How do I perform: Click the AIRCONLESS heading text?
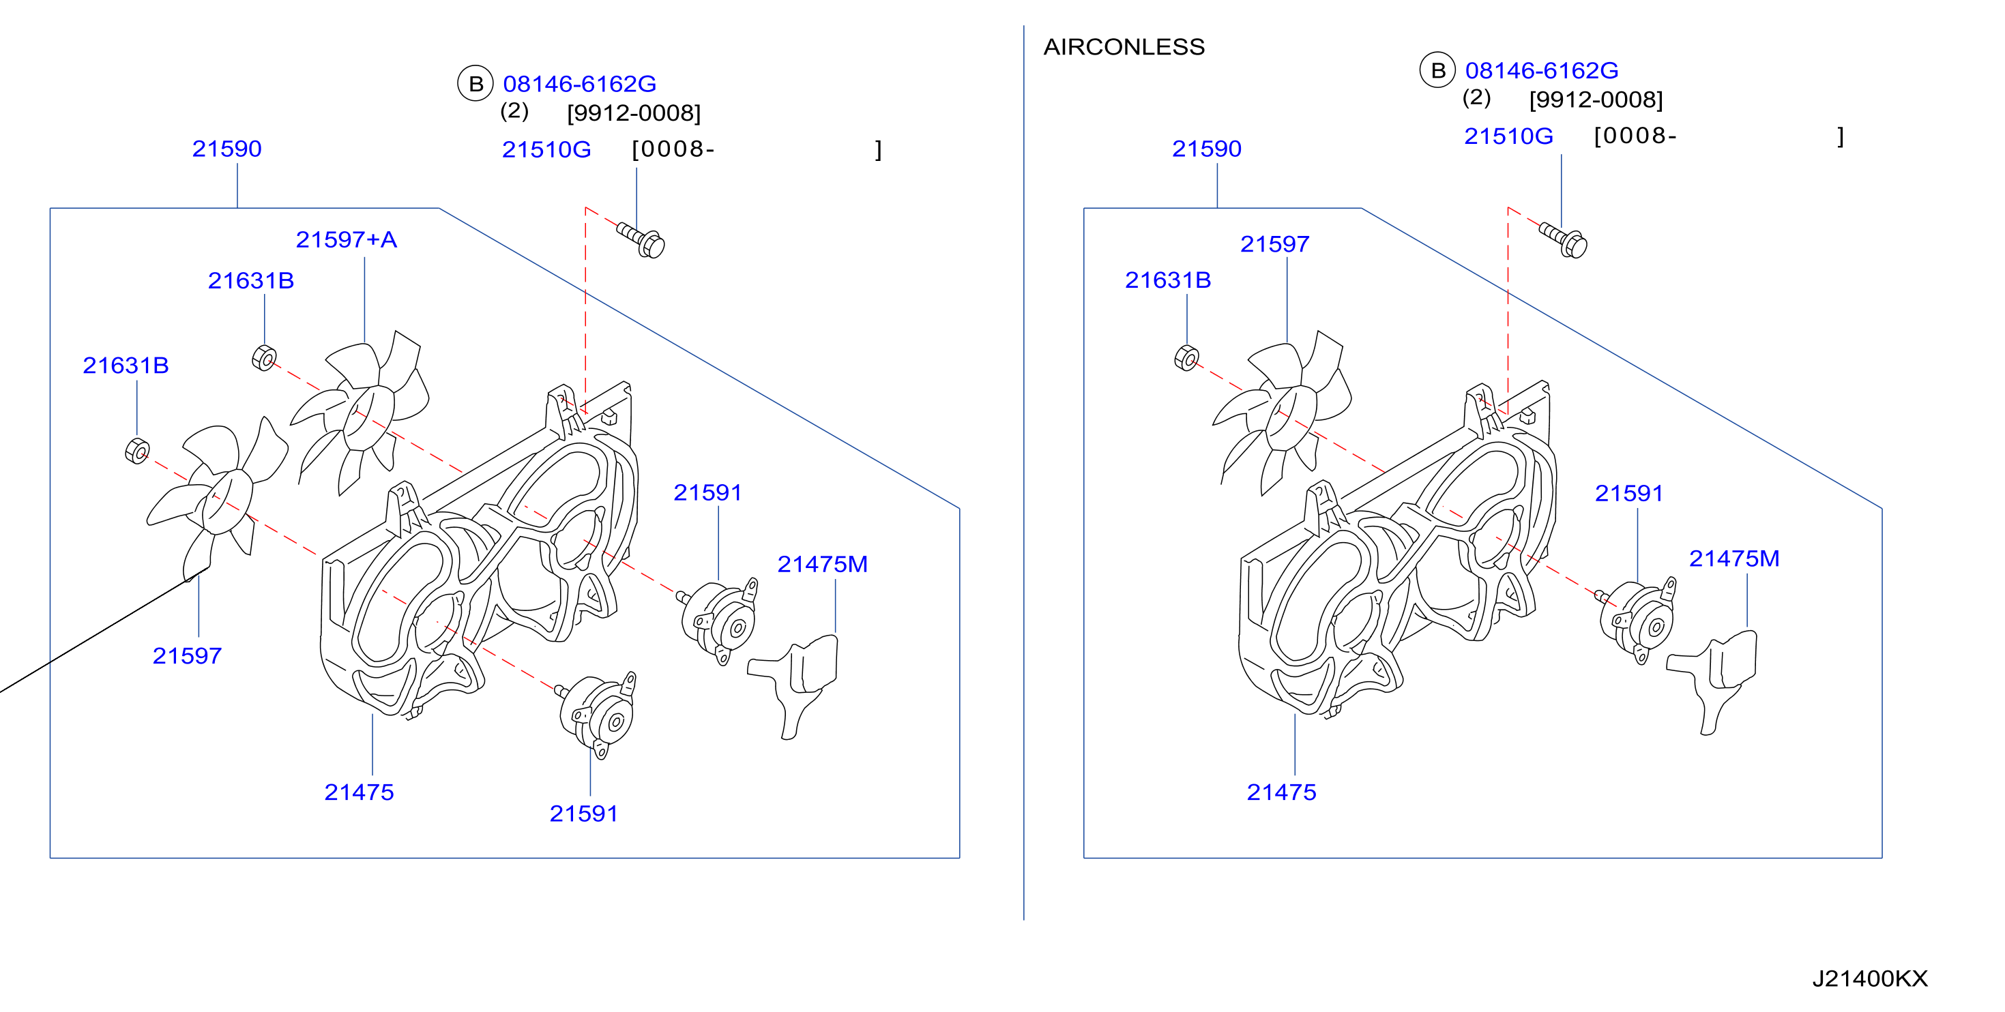coord(1123,48)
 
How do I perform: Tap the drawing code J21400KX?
coord(1869,979)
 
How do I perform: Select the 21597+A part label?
coord(347,239)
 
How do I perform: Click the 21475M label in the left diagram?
coord(822,564)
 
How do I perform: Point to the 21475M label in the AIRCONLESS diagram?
coord(1733,559)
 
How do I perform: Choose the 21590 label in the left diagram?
coord(226,149)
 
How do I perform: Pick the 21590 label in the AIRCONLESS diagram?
coord(1206,149)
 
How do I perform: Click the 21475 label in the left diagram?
coord(359,792)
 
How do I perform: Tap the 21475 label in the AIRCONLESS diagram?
coord(1281,792)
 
